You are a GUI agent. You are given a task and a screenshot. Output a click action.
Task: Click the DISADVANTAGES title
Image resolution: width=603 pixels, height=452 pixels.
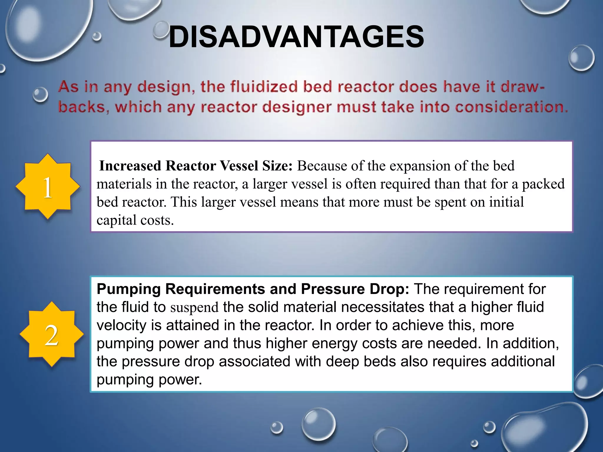[x=296, y=37]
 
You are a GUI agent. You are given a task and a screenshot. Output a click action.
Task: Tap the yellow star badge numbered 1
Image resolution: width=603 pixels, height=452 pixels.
[x=48, y=187]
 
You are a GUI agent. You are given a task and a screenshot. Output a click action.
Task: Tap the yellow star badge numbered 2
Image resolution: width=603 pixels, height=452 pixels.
[x=52, y=335]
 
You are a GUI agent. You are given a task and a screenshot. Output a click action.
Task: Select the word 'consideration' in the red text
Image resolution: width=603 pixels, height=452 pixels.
[x=511, y=107]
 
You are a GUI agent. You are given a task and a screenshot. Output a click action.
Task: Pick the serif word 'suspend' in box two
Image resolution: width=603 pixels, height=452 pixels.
[x=194, y=308]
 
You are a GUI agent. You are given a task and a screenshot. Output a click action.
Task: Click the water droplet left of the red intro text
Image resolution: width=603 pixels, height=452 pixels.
[x=40, y=95]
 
